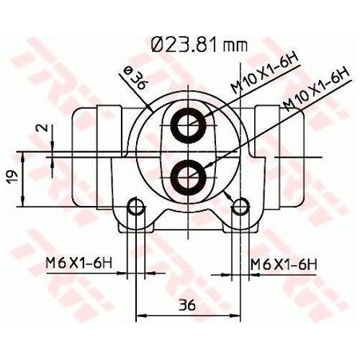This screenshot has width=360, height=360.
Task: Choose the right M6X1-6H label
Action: click(x=284, y=265)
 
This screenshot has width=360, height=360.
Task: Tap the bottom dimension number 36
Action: click(x=187, y=305)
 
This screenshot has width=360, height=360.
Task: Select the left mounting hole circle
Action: click(x=134, y=209)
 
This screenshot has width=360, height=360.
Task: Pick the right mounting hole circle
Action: click(x=239, y=209)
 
